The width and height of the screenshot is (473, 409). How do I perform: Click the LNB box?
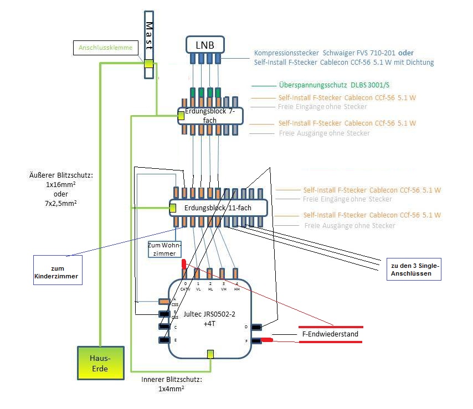tap(204, 44)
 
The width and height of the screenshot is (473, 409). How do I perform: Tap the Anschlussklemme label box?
tap(105, 48)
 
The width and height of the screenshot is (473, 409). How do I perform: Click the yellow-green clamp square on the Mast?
tap(149, 64)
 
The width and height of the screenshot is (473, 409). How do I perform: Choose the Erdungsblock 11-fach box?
tap(218, 208)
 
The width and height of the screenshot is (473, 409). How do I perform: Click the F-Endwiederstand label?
tap(331, 334)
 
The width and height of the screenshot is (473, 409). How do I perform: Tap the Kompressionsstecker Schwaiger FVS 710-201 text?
tap(325, 53)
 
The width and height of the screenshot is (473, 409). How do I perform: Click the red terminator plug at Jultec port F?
tap(266, 340)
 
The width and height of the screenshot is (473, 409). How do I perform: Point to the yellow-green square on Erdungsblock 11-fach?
tap(173, 208)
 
